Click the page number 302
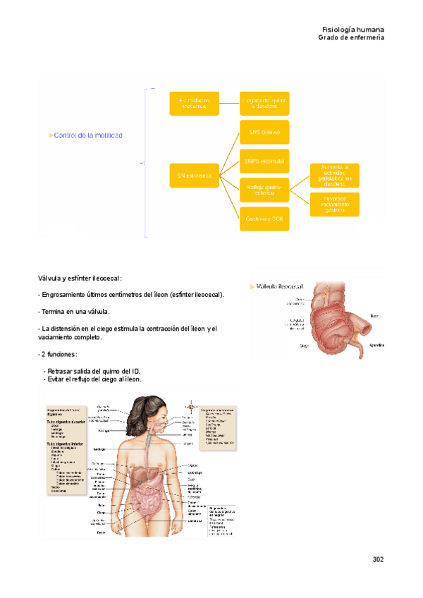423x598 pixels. tap(377, 559)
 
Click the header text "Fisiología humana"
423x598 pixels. tap(352, 29)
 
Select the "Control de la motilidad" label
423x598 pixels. tap(87, 135)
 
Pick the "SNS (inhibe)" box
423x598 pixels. tap(264, 132)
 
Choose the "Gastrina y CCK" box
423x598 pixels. tap(264, 219)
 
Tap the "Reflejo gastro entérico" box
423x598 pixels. tap(264, 190)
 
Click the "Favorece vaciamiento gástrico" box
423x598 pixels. tap(335, 205)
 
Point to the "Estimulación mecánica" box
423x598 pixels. tap(194, 103)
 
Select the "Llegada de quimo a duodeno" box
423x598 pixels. tap(264, 103)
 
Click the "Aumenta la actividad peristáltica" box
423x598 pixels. tap(335, 175)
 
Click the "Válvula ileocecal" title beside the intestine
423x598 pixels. tap(281, 286)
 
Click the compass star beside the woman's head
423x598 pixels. tap(189, 406)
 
